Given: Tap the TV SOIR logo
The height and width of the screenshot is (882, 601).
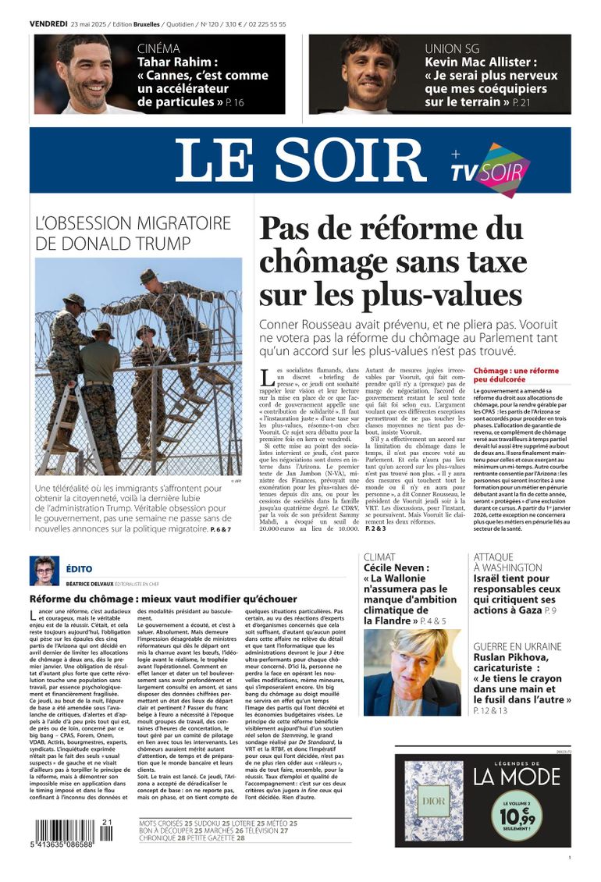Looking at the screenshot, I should click(x=489, y=169).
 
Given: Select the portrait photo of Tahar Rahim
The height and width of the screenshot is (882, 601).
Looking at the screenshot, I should click(x=83, y=74).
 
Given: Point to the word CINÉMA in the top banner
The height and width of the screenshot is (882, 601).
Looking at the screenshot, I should click(x=158, y=49).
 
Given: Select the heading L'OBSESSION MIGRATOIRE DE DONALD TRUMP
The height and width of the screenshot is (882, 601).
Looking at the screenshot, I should click(x=133, y=232).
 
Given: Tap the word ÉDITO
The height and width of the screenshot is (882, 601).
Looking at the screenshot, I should click(x=80, y=570).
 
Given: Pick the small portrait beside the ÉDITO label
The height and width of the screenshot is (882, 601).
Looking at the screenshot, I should click(x=44, y=571).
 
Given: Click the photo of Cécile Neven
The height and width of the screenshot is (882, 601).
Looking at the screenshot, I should click(x=412, y=672).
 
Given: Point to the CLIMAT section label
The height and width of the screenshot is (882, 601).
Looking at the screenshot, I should click(x=380, y=557).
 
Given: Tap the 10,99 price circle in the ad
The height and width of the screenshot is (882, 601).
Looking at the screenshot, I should click(x=517, y=816).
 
